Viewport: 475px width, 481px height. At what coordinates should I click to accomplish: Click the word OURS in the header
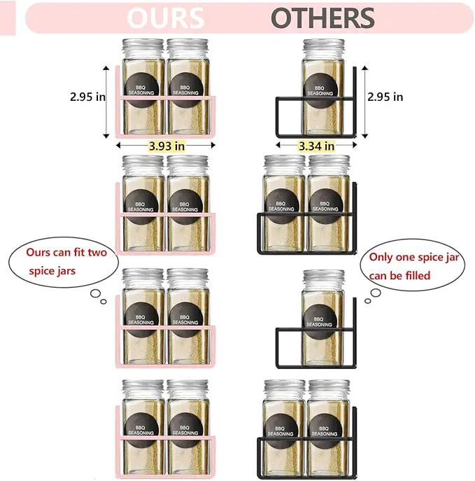166,18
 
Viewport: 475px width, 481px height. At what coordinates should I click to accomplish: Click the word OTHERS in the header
322,18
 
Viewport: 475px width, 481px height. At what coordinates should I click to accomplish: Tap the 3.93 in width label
166,146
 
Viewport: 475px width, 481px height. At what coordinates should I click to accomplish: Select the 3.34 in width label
316,146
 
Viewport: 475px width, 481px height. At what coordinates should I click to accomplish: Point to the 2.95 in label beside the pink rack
87,97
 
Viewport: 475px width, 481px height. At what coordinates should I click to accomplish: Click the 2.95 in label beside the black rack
385,97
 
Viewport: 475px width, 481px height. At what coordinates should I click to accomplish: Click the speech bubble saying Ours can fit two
64,262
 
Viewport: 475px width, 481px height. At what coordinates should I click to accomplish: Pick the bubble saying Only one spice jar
413,265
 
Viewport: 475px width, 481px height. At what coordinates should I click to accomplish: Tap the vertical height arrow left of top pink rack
106,102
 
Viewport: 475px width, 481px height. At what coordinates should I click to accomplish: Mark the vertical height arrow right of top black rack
364,102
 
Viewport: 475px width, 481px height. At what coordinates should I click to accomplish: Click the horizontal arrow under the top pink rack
166,145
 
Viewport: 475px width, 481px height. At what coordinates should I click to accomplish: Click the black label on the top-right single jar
321,90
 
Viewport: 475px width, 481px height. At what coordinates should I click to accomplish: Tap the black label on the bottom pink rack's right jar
185,430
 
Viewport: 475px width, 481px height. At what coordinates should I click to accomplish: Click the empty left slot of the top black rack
289,117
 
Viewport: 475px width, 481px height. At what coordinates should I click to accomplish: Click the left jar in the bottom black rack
284,428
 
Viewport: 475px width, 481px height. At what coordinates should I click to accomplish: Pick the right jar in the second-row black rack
329,203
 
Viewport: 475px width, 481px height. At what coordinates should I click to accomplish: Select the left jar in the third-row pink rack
143,316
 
